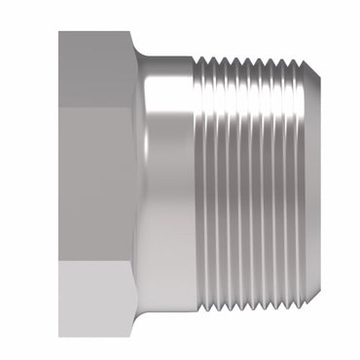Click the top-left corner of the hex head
pyautogui.click(x=60, y=33)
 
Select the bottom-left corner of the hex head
pyautogui.click(x=60, y=336)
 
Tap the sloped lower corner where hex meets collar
pyautogui.click(x=137, y=321)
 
